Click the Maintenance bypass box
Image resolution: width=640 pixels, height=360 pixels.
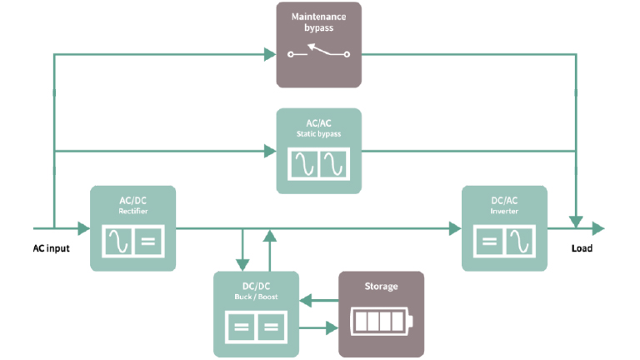point(319,44)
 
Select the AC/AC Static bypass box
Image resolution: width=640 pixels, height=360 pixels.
point(319,150)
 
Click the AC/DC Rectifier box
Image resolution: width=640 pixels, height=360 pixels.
point(132,227)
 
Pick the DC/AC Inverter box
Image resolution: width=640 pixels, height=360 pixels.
point(504,227)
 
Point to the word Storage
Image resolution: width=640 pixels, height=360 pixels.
point(381,287)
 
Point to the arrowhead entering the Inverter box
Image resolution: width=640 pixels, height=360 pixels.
point(455,227)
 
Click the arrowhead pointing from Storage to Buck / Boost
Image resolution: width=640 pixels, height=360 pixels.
point(305,298)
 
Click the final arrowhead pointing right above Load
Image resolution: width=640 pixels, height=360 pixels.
point(598,227)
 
